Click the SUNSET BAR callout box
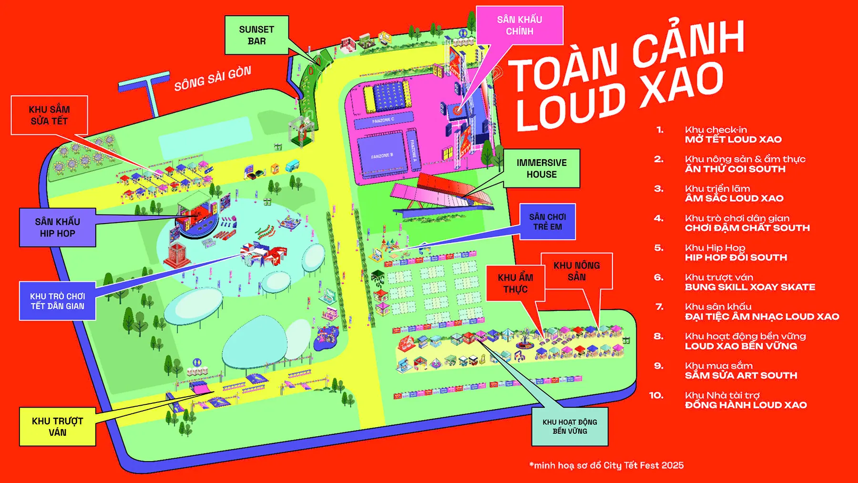point(256,35)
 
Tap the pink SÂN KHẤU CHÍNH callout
point(520,25)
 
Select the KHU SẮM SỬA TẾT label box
point(50,115)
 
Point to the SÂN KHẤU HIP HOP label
point(57,227)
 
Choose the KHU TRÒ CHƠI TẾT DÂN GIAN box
point(57,301)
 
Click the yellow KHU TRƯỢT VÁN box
point(57,426)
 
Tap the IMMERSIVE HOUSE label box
point(541,168)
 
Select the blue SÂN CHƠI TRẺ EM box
point(547,222)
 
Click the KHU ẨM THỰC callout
point(515,283)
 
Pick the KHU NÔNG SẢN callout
point(577,271)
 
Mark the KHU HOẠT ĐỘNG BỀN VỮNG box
point(570,426)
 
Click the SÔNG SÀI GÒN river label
point(213,79)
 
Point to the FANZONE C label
point(383,121)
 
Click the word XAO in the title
point(682,86)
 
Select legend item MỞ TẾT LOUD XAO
point(733,140)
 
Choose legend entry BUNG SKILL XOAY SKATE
point(750,287)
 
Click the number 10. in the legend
point(656,395)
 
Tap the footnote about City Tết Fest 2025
point(606,465)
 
